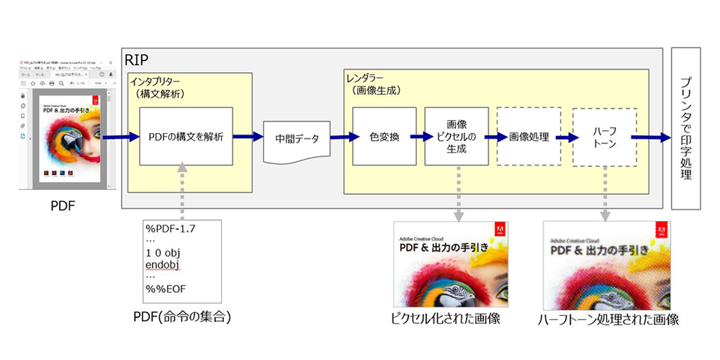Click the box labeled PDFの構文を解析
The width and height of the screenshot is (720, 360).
[x=186, y=137]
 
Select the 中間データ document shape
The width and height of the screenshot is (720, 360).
[x=298, y=137]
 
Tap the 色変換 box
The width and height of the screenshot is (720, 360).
[x=384, y=137]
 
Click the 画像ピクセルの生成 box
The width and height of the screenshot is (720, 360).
[x=456, y=137]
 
